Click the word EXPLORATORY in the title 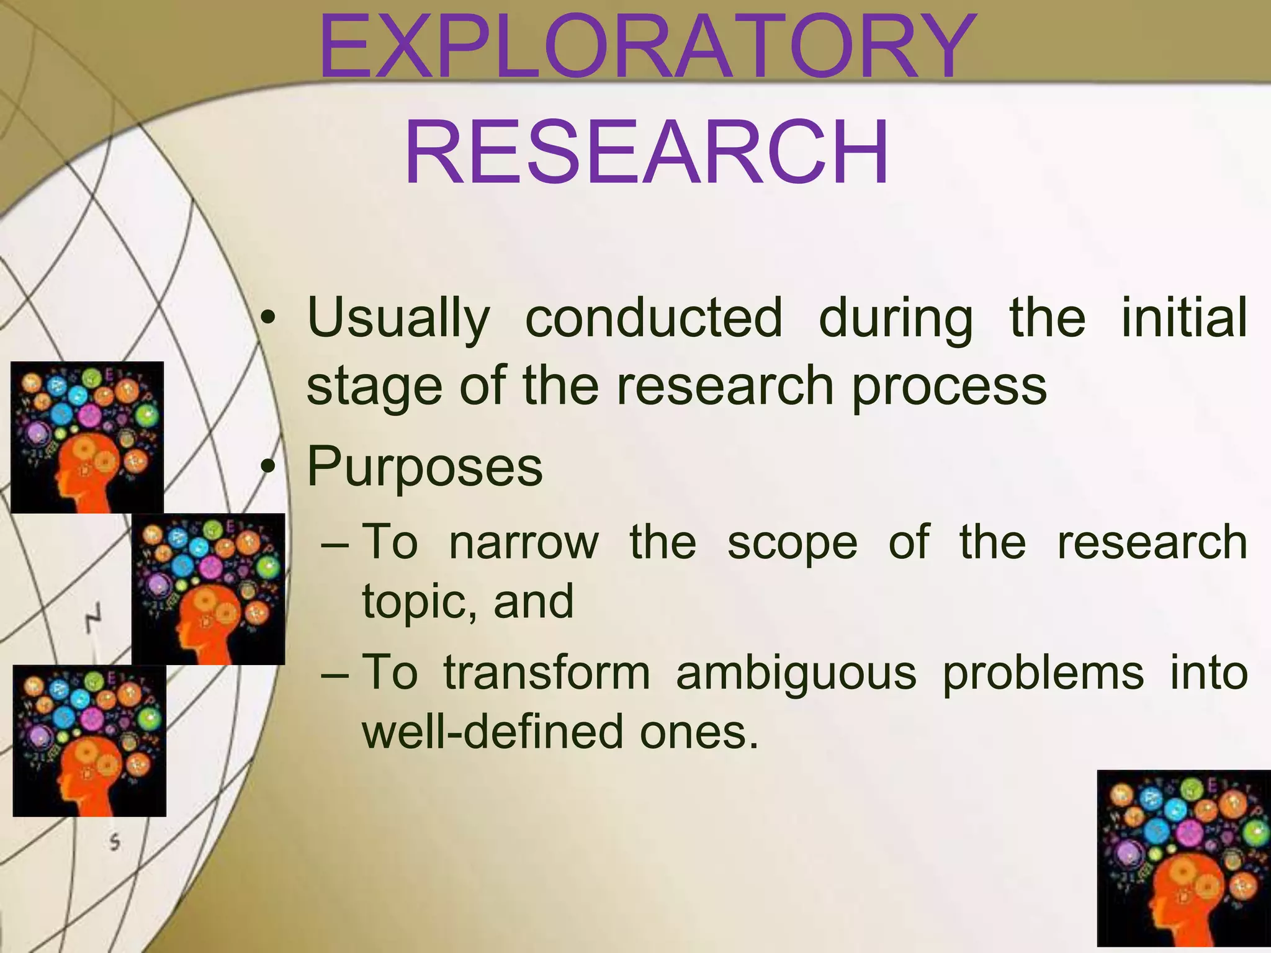[645, 48]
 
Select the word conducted [653, 318]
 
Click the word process [949, 387]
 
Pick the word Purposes [424, 467]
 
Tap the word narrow [524, 542]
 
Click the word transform [547, 673]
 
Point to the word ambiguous [796, 674]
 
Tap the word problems [1043, 674]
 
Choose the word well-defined [493, 732]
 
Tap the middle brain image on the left [208, 589]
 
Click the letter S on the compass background [114, 842]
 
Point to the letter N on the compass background [92, 617]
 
